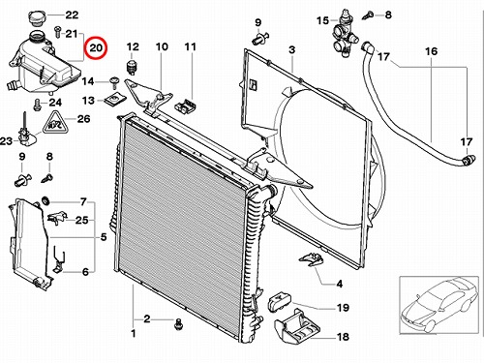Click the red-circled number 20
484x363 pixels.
click(96, 48)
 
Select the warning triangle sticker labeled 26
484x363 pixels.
click(56, 123)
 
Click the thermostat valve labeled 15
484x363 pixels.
click(344, 33)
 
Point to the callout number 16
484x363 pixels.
click(431, 51)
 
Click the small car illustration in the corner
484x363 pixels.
click(439, 305)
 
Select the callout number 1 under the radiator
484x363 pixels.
click(134, 333)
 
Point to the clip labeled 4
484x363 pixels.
click(311, 259)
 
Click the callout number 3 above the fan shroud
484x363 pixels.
click(291, 50)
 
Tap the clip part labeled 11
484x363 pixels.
click(186, 106)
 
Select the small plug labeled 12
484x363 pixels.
click(131, 67)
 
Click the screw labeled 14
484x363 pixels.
click(113, 82)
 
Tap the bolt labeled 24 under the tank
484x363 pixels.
click(37, 105)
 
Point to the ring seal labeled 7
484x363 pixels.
click(45, 200)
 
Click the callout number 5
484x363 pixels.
click(104, 237)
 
